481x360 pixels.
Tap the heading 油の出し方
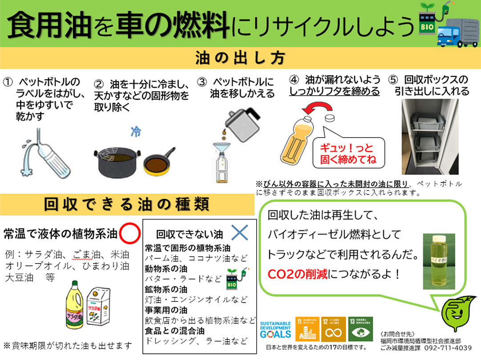click(240, 58)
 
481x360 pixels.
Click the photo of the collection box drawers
click(430, 137)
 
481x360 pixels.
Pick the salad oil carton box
click(98, 307)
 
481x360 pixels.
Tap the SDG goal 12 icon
click(333, 329)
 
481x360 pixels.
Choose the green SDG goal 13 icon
click(361, 329)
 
